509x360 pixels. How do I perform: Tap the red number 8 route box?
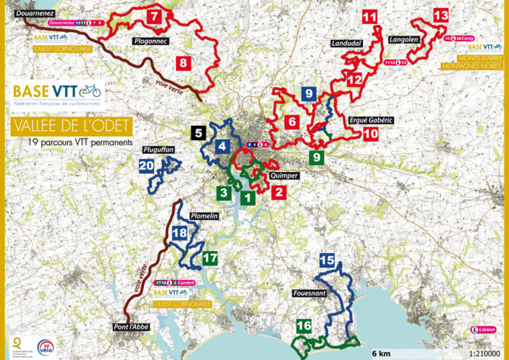coord(183,63)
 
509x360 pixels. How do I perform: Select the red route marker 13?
coord(441,15)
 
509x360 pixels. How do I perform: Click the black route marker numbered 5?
coord(199,133)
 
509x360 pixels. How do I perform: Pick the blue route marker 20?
coord(146,166)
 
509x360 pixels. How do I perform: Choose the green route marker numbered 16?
coord(304,327)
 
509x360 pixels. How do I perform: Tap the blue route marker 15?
coord(327,260)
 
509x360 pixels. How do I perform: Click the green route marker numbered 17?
coord(211,258)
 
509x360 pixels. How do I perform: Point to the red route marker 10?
coord(371,135)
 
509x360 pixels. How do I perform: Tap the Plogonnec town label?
coord(152,41)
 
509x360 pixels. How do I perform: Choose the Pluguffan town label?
coord(160,148)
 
